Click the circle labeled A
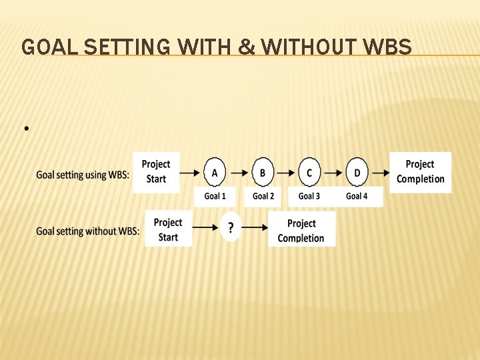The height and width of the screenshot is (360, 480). (214, 173)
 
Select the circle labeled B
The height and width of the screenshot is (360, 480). (263, 173)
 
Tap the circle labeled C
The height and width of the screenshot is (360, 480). (309, 173)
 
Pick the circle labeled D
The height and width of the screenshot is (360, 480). (357, 173)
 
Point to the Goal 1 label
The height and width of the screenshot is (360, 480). (215, 196)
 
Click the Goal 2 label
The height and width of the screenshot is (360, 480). (263, 196)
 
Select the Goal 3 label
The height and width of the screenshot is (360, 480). (309, 196)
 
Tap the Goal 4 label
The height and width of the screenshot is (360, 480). (357, 196)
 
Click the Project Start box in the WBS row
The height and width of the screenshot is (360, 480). (156, 171)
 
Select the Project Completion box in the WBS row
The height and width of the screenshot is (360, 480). (420, 171)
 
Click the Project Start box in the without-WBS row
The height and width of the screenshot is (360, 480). (168, 229)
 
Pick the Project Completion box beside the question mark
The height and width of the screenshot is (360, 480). (301, 230)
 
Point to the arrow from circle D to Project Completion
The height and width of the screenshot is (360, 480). (380, 173)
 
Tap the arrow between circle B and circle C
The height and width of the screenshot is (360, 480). (286, 173)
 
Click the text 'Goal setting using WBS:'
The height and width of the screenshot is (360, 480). (83, 175)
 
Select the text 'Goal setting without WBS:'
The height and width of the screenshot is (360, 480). (88, 231)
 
